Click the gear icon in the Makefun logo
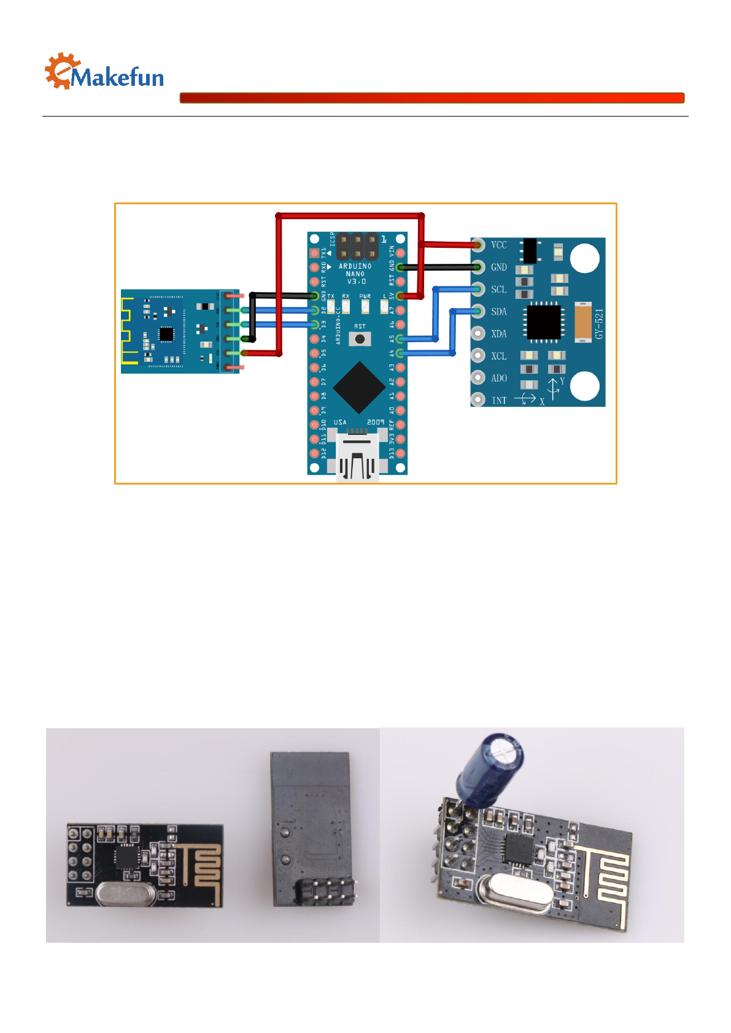pyautogui.click(x=61, y=70)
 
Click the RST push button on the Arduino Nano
pyautogui.click(x=360, y=339)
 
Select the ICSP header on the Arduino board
pyautogui.click(x=357, y=246)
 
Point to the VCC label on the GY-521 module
pyautogui.click(x=498, y=245)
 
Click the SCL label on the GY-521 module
pyautogui.click(x=498, y=290)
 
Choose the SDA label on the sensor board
pyautogui.click(x=498, y=312)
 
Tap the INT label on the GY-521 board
pyautogui.click(x=499, y=401)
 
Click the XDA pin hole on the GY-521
pyautogui.click(x=478, y=334)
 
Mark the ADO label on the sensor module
pyautogui.click(x=498, y=378)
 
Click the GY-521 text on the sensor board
pyautogui.click(x=600, y=323)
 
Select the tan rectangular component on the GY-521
pyautogui.click(x=582, y=322)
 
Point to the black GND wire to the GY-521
pyautogui.click(x=439, y=267)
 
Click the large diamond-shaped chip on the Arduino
pyautogui.click(x=359, y=388)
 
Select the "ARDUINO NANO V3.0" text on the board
pyautogui.click(x=355, y=274)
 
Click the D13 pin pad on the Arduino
pyautogui.click(x=400, y=453)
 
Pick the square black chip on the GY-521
pyautogui.click(x=544, y=322)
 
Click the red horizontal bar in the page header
pyautogui.click(x=431, y=98)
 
